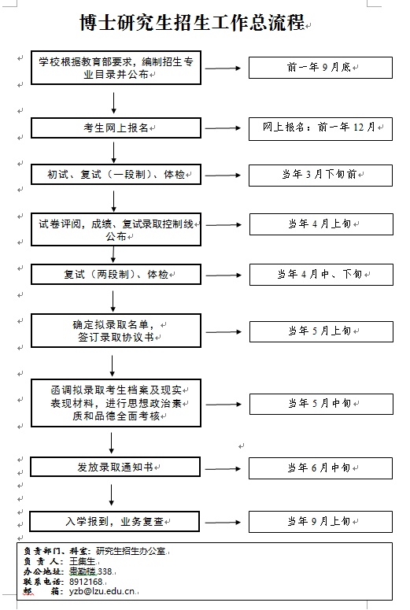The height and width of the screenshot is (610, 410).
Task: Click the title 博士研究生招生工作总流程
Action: click(x=192, y=23)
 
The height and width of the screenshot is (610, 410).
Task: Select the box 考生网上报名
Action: click(x=116, y=128)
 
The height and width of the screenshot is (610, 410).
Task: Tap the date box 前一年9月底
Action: click(x=320, y=68)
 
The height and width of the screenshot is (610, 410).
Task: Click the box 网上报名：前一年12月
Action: click(x=320, y=129)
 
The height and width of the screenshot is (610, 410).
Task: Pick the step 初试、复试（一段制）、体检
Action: click(x=116, y=174)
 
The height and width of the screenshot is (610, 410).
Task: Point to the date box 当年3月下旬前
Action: click(x=320, y=175)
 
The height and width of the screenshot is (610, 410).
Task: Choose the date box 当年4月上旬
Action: click(x=321, y=224)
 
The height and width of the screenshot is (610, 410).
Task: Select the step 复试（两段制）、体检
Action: click(x=116, y=275)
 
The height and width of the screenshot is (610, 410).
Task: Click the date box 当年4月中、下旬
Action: click(x=321, y=275)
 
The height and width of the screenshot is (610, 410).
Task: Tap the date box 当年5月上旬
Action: click(x=321, y=331)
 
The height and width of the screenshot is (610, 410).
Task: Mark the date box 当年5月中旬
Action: click(x=321, y=404)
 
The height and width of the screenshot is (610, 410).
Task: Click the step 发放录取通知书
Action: click(x=115, y=467)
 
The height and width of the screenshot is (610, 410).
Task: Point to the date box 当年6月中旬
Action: click(x=320, y=468)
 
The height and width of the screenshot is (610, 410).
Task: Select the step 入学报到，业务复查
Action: click(x=114, y=521)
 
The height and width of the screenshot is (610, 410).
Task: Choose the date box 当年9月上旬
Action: click(x=320, y=522)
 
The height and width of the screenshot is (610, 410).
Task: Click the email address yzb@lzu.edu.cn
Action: click(x=102, y=591)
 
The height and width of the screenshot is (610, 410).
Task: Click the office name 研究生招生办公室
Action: click(x=131, y=551)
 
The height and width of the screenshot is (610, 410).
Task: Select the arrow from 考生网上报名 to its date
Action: click(x=223, y=128)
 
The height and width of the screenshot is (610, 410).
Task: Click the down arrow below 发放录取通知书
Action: click(x=112, y=495)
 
